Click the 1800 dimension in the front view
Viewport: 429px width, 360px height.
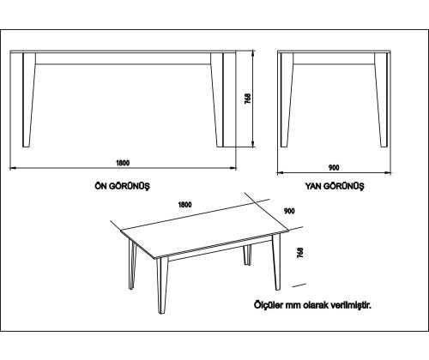click(123, 163)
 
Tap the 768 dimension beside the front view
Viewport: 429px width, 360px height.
click(248, 99)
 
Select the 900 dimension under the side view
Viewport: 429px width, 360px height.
click(334, 168)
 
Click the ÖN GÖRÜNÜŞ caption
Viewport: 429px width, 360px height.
click(123, 186)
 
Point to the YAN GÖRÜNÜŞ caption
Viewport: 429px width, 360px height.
click(335, 186)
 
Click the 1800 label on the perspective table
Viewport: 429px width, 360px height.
click(185, 205)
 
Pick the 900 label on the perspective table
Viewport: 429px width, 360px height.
click(289, 211)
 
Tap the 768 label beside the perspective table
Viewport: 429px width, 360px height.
click(300, 253)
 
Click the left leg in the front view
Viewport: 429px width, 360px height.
click(28, 100)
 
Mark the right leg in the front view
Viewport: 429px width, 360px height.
click(217, 100)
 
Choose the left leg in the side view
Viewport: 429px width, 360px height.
click(287, 100)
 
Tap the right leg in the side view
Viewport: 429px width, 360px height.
click(381, 100)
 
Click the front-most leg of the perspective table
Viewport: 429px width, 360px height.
click(161, 285)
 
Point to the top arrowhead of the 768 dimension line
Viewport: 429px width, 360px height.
click(253, 52)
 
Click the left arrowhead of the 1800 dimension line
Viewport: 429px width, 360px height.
click(13, 168)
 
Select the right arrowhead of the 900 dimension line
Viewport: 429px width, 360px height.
click(388, 172)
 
